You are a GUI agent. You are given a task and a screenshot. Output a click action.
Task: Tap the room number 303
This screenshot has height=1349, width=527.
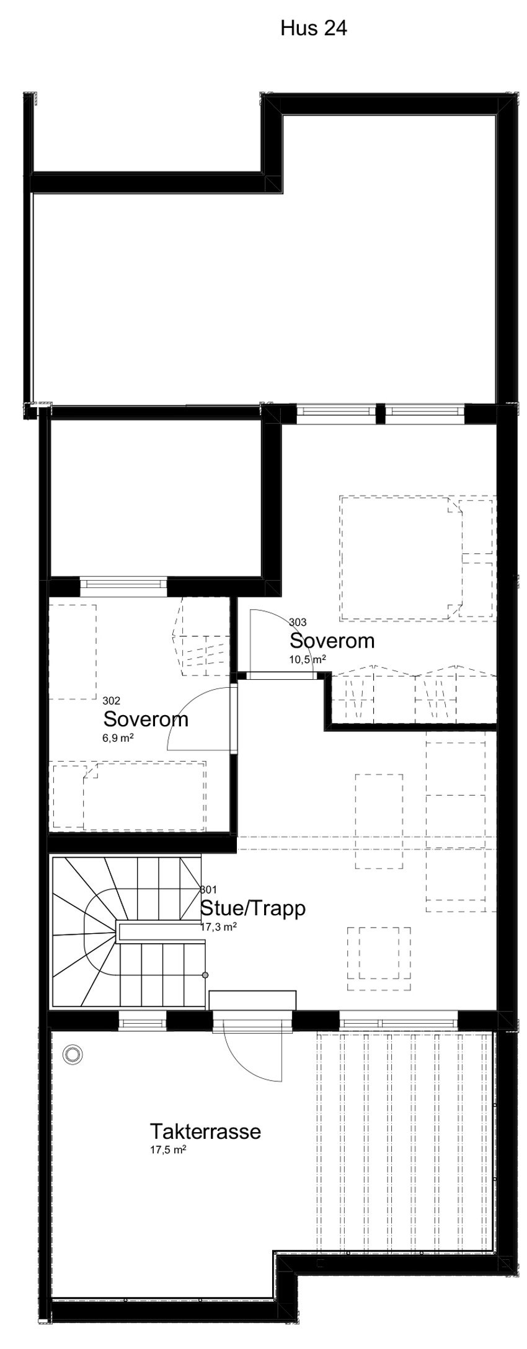tap(298, 622)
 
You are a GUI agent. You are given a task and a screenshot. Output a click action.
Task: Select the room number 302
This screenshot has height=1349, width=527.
tap(112, 701)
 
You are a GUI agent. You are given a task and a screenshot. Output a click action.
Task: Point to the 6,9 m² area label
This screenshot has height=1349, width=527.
tap(119, 738)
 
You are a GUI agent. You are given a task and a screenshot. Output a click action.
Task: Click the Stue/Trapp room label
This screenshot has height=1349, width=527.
tap(253, 908)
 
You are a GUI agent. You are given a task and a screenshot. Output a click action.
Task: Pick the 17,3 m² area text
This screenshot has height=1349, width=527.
tap(219, 927)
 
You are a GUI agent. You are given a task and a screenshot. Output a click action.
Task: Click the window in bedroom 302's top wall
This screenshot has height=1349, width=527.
tap(124, 584)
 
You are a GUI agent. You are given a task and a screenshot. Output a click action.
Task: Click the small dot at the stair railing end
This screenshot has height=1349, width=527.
tap(205, 975)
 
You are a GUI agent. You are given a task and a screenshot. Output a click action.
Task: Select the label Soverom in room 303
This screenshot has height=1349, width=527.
tap(332, 641)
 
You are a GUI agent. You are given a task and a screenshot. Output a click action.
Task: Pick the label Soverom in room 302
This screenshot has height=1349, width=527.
tap(146, 719)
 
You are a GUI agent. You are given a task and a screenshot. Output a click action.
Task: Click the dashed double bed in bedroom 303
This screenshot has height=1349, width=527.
tap(400, 558)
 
